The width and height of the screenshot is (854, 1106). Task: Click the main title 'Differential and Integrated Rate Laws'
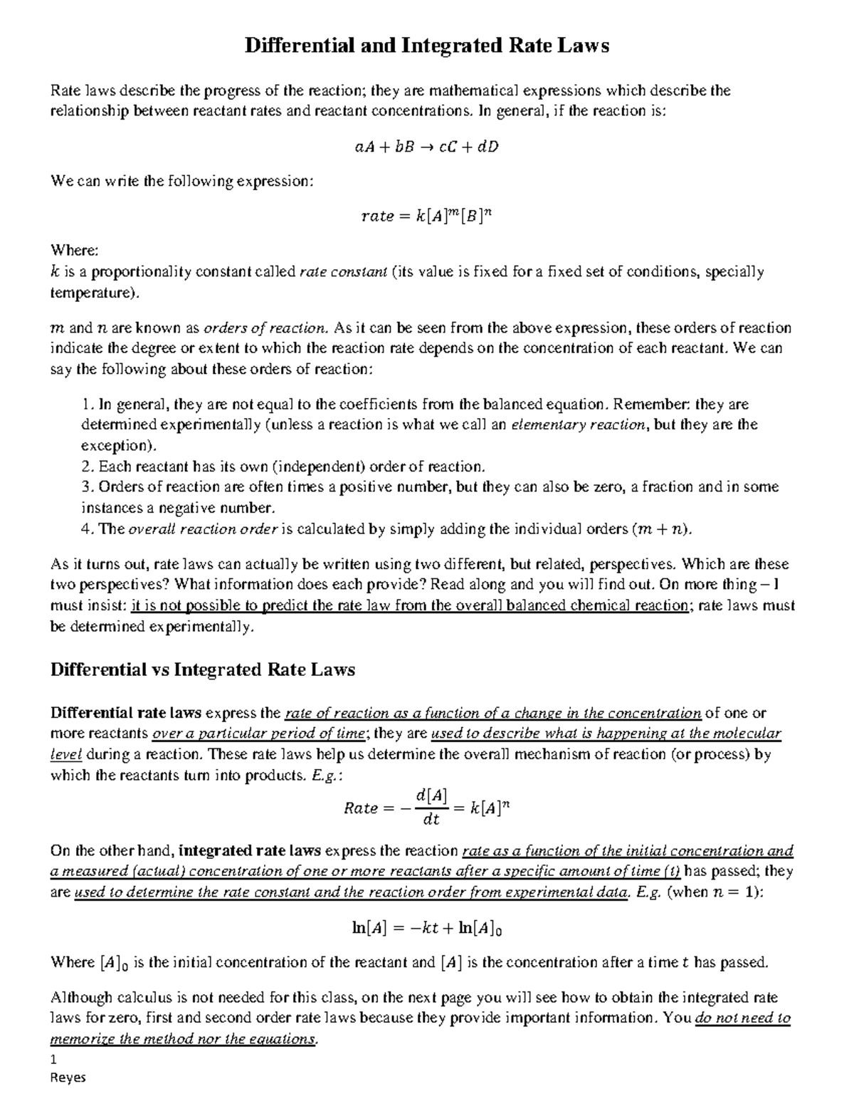click(427, 46)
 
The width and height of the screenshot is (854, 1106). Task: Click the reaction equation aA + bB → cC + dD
click(427, 147)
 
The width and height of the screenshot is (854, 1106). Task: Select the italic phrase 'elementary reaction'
click(579, 425)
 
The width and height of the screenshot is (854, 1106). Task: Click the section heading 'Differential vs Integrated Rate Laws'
click(203, 669)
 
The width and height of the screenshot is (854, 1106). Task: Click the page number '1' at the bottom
click(54, 1059)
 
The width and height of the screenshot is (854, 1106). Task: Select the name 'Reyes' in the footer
click(68, 1078)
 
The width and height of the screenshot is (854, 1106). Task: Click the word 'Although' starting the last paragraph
click(79, 997)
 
